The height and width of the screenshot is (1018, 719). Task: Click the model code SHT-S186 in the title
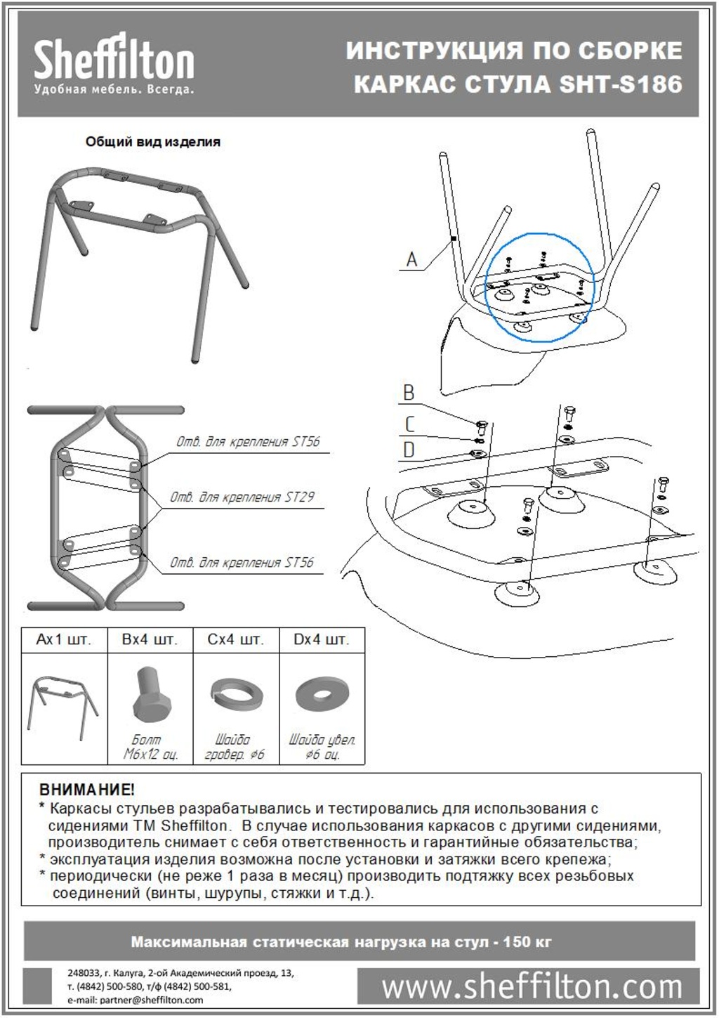[621, 84]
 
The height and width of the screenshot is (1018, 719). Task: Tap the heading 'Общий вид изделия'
[152, 142]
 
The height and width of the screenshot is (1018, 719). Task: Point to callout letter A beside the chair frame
[411, 260]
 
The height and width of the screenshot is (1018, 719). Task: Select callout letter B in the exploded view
[409, 393]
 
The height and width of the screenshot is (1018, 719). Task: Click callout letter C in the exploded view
[409, 424]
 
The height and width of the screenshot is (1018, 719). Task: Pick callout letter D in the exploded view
[409, 450]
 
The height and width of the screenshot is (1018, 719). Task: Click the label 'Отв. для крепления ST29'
[242, 497]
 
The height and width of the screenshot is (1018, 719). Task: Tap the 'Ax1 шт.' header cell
[64, 640]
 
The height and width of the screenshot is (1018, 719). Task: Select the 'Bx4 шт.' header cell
[150, 640]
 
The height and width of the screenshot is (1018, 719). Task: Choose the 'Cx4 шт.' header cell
[236, 640]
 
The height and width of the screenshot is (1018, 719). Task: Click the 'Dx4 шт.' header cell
[322, 640]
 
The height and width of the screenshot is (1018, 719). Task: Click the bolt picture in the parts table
[149, 696]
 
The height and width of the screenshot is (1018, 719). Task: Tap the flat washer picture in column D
[322, 695]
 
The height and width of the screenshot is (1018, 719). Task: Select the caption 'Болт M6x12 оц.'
[150, 747]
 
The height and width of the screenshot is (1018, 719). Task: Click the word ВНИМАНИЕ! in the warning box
[87, 790]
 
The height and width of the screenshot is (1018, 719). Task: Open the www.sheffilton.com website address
[532, 988]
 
